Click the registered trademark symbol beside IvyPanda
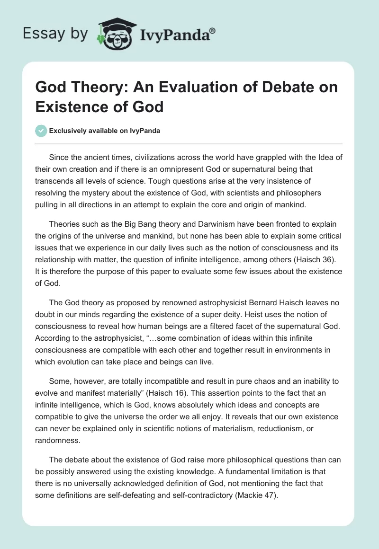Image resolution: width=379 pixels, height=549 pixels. [213, 31]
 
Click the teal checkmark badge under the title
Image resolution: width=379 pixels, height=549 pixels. [42, 131]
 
